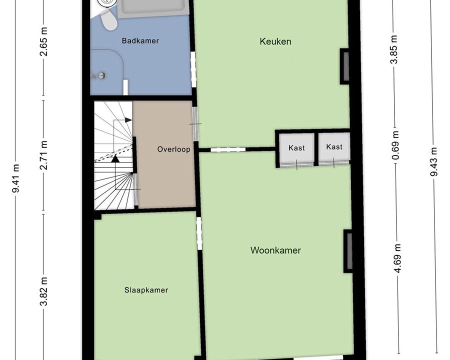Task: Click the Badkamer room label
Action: pos(140,41)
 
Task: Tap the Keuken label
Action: pos(275,41)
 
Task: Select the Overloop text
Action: pos(173,149)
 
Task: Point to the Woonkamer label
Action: pos(275,250)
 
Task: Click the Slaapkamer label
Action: pos(146,290)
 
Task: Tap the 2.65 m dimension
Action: pos(43,45)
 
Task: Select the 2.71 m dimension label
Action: pos(43,155)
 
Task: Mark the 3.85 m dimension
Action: pos(395,49)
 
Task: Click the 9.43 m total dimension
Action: pos(434,161)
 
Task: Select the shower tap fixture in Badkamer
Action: pos(98,75)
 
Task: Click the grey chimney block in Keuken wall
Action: pos(344,66)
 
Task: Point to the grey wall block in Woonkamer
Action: pos(348,251)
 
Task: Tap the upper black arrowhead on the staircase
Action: pos(128,120)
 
